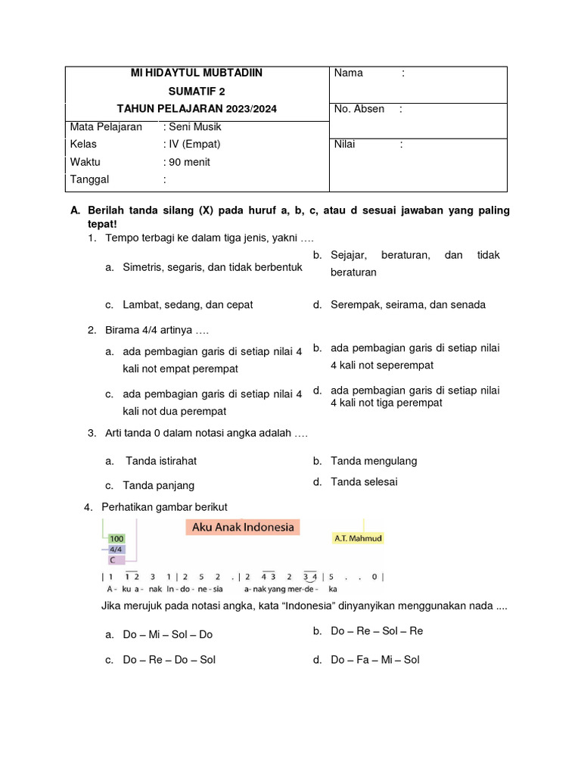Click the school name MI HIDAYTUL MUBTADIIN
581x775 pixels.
click(x=197, y=73)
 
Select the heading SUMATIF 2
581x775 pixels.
click(x=197, y=91)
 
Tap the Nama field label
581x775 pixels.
click(x=349, y=73)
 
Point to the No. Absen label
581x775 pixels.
click(x=359, y=109)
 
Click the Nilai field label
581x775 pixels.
click(x=345, y=144)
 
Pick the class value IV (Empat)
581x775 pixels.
click(x=194, y=144)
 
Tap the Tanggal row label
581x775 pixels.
click(x=89, y=179)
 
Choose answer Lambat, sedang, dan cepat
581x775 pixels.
click(x=188, y=305)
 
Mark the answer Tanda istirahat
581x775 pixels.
click(x=161, y=461)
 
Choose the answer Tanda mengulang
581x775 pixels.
click(x=374, y=461)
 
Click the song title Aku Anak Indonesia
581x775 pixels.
click(x=243, y=528)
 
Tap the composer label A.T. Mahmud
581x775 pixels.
click(x=358, y=539)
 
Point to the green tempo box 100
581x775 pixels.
click(x=116, y=538)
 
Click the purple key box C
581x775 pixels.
click(x=113, y=560)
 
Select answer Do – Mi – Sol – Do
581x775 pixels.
click(x=168, y=635)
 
